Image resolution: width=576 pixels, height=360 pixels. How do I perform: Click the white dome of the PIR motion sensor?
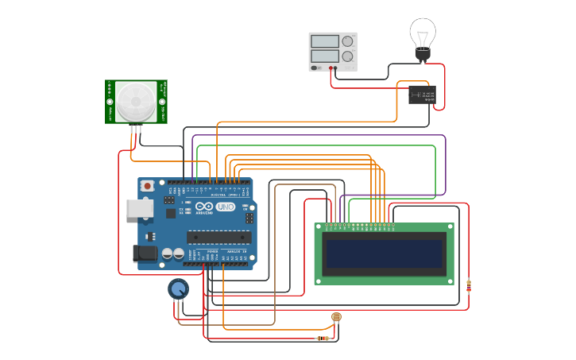[x=136, y=101]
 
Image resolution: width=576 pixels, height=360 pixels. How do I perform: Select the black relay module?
[x=422, y=95]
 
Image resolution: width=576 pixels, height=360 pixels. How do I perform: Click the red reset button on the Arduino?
[x=147, y=186]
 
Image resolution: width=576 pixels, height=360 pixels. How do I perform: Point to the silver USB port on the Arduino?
[x=139, y=207]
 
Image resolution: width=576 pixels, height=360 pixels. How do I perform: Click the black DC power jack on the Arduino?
[x=144, y=254]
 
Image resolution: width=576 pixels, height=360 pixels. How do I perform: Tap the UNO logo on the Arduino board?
[x=225, y=207]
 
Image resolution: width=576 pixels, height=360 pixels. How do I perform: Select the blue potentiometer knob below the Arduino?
[x=179, y=288]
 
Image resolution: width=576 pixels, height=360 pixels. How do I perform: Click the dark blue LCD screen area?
[x=384, y=254]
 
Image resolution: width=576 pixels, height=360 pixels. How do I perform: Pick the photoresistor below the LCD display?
[x=336, y=317]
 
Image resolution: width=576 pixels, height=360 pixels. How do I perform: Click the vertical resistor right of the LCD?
[x=469, y=285]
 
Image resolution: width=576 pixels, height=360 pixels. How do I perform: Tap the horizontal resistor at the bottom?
[x=323, y=339]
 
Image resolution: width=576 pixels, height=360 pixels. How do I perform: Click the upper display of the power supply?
[x=325, y=41]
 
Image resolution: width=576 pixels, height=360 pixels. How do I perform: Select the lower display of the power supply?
[x=325, y=56]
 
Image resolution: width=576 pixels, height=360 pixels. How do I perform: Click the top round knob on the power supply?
[x=347, y=41]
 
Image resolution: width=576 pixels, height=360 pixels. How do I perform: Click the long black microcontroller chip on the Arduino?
[x=218, y=236]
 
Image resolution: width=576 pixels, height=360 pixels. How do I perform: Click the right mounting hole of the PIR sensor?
[x=162, y=102]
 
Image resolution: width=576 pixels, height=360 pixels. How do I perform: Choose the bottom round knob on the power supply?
[x=347, y=56]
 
